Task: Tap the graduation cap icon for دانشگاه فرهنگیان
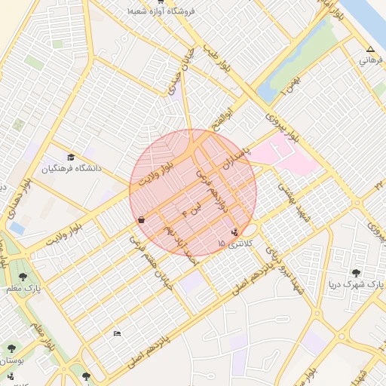click(71, 158)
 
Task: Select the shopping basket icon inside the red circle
click(142, 219)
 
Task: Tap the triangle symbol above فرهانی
click(369, 49)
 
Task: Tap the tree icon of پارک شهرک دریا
click(356, 273)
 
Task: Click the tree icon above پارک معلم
click(22, 277)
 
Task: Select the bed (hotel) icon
click(116, 333)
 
